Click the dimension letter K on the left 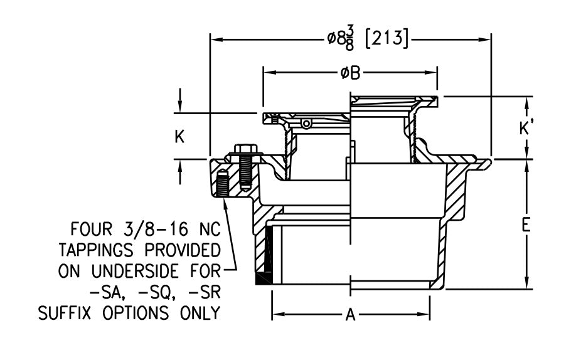pos(179,137)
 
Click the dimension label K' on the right pos(526,128)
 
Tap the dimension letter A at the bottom pos(351,315)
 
